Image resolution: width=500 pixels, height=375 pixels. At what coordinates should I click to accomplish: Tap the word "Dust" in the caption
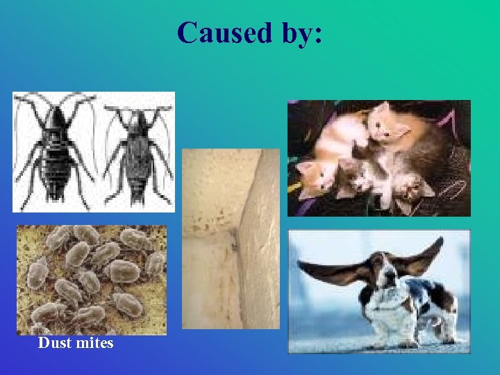click(x=53, y=343)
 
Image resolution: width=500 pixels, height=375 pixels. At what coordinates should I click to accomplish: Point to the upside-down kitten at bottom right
click(x=411, y=187)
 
